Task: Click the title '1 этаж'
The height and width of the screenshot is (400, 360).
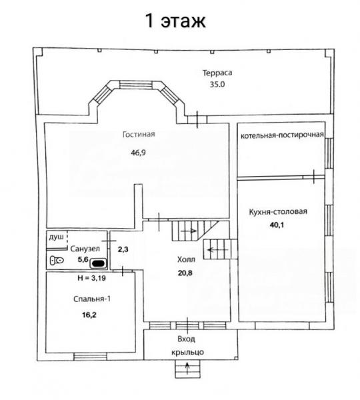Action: click(175, 21)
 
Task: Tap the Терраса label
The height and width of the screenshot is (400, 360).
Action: click(217, 73)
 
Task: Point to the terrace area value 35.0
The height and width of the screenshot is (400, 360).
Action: click(217, 85)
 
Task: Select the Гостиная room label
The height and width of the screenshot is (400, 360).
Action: click(139, 134)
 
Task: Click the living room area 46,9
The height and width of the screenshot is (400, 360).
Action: click(138, 153)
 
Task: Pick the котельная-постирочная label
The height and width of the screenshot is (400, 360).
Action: click(282, 135)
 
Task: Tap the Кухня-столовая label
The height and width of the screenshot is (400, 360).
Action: click(278, 211)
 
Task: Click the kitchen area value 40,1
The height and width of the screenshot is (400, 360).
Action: click(277, 225)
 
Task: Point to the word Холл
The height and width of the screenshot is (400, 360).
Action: click(186, 260)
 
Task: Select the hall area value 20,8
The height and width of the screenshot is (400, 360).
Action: click(185, 273)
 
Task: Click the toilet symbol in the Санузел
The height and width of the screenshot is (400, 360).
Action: click(57, 261)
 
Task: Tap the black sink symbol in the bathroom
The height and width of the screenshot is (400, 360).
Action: click(98, 263)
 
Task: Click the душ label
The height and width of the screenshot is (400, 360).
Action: click(56, 237)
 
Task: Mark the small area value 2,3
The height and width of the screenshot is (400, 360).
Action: click(123, 249)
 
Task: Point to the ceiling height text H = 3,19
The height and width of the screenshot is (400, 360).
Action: click(91, 278)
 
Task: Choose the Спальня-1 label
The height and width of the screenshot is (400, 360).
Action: click(92, 299)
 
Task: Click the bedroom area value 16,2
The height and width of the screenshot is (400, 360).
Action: click(89, 315)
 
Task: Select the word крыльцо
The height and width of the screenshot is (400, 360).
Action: click(187, 353)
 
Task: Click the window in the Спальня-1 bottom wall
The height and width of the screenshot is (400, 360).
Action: click(91, 357)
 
